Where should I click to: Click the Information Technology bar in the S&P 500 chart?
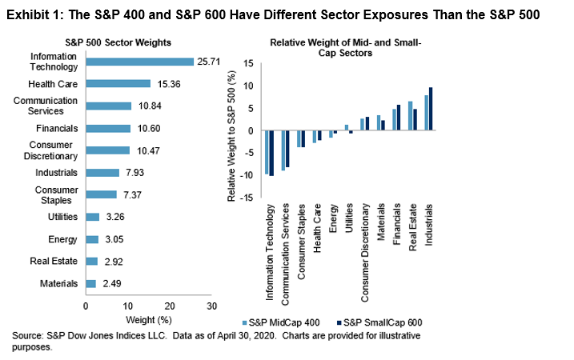click(139, 62)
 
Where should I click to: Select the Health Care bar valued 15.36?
click(118, 83)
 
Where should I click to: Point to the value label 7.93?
click(133, 172)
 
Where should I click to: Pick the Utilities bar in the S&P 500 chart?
click(92, 217)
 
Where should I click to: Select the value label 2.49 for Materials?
click(110, 283)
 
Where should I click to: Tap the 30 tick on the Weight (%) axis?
click(211, 306)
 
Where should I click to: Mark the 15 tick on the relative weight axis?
click(248, 64)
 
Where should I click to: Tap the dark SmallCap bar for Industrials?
click(431, 109)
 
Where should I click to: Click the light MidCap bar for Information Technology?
click(267, 152)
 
